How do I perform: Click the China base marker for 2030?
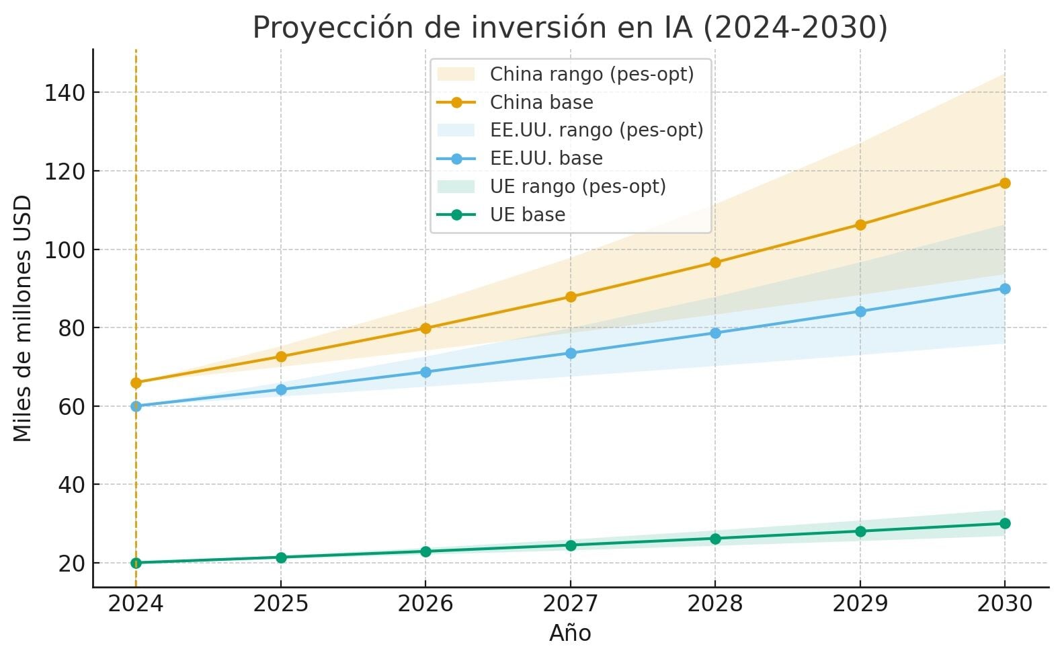[x=1005, y=183]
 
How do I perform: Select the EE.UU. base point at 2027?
[x=571, y=353]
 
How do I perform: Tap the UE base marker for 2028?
[x=715, y=539]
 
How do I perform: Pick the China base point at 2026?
[x=425, y=328]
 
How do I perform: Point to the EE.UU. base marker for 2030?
[x=1005, y=288]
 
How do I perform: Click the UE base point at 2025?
[x=281, y=557]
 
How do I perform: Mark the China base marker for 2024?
[x=136, y=383]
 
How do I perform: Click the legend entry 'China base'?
[x=541, y=102]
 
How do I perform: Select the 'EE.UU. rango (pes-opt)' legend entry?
[x=596, y=130]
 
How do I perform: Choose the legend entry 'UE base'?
[x=528, y=215]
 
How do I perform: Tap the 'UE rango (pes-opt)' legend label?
[x=577, y=186]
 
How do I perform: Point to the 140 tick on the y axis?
[x=65, y=93]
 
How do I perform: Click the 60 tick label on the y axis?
[x=72, y=407]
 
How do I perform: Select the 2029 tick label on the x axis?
[x=860, y=604]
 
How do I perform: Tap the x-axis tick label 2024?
[x=136, y=604]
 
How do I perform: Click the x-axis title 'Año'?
[x=570, y=633]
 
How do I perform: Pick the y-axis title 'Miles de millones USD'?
[x=23, y=318]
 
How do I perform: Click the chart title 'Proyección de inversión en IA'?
[x=570, y=28]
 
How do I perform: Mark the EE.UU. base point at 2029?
[x=860, y=311]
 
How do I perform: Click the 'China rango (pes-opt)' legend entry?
[x=591, y=74]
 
